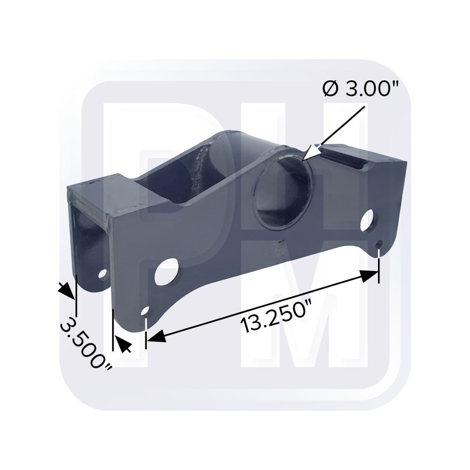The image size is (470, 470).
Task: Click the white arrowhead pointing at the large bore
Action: coord(311,153)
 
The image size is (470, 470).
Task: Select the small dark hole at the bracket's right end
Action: coord(379,243)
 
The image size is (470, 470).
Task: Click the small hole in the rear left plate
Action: coord(103,274)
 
